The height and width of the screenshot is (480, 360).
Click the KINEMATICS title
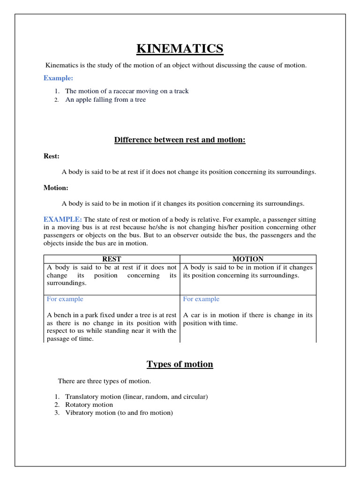pos(180,48)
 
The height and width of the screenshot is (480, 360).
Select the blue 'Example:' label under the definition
pos(58,78)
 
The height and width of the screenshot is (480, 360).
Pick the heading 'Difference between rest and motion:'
pos(180,140)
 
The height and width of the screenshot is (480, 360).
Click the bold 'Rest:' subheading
pos(52,156)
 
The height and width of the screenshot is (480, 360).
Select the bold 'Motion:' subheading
pos(56,187)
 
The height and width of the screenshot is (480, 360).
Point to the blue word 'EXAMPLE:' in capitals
pos(63,219)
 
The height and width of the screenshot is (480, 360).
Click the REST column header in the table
pos(112,259)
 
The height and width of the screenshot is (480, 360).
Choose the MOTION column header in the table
pos(248,259)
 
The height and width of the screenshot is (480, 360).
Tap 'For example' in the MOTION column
pos(201,299)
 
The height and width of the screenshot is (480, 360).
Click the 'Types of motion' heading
pos(180,364)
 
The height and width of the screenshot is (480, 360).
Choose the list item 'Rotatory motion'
pos(89,405)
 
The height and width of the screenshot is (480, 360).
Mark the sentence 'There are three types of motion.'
pos(104,381)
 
